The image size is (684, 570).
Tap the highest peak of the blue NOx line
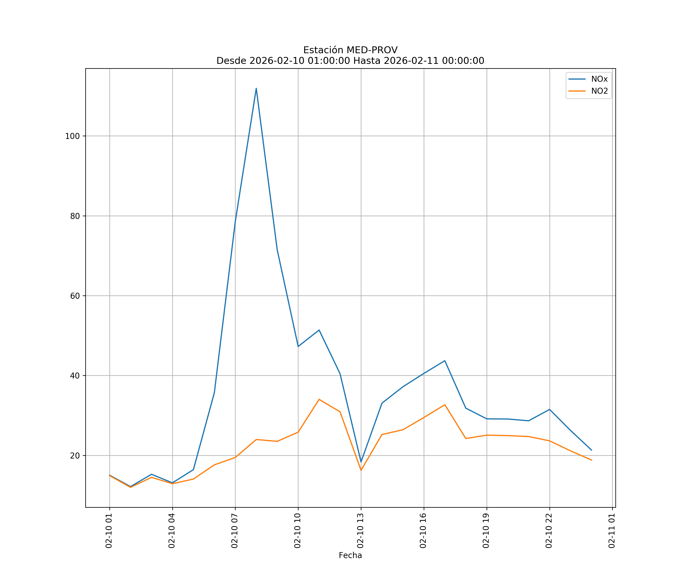[256, 88]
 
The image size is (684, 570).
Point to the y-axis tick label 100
[72, 136]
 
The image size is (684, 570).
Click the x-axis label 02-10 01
[109, 531]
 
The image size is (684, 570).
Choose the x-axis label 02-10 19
[486, 531]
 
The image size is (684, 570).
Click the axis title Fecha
[350, 555]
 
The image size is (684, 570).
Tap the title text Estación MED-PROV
[350, 50]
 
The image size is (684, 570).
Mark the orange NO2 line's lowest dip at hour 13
[361, 470]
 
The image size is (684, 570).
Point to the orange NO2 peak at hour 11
[319, 399]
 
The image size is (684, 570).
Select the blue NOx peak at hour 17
[445, 361]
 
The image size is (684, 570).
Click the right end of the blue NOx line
[591, 450]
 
